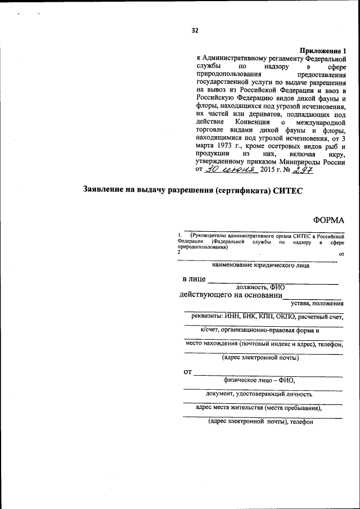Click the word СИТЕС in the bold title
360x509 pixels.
[x=288, y=191]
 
